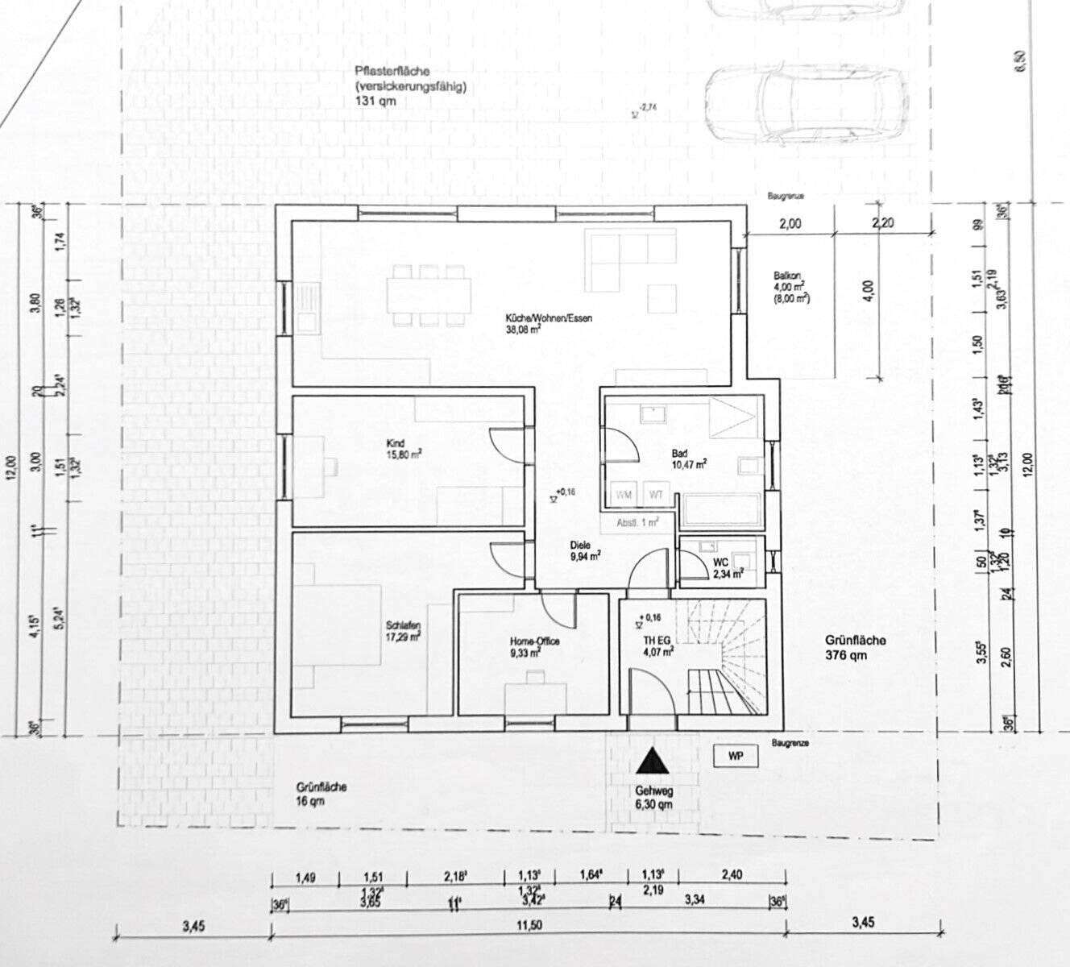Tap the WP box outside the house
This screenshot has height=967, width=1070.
click(x=735, y=757)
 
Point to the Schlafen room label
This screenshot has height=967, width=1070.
click(x=403, y=630)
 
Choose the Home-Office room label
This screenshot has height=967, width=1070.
click(x=533, y=647)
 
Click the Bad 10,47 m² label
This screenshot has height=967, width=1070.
click(x=689, y=458)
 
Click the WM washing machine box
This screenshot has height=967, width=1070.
click(x=624, y=494)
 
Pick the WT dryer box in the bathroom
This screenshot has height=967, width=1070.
click(x=657, y=494)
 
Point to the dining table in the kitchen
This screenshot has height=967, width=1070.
click(x=429, y=296)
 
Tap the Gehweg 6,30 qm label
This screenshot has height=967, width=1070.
click(x=653, y=797)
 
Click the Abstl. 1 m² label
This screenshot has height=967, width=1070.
click(x=637, y=521)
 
